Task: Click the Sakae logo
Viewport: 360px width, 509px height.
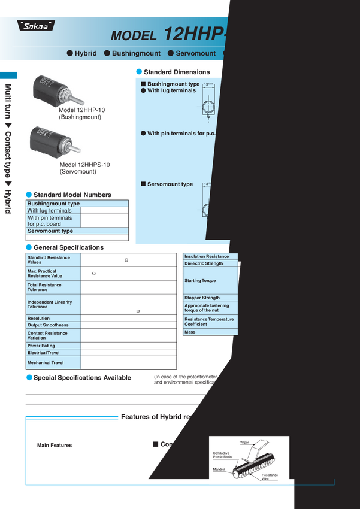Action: tap(34, 25)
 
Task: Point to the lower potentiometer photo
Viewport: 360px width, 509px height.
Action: tap(51, 143)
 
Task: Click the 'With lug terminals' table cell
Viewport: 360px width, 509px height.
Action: tap(53, 211)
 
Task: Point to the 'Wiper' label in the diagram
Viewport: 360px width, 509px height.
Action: tap(244, 442)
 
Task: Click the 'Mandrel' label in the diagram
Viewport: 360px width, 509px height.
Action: tap(219, 469)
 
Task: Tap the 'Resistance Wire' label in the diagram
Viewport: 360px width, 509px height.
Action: tap(270, 477)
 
